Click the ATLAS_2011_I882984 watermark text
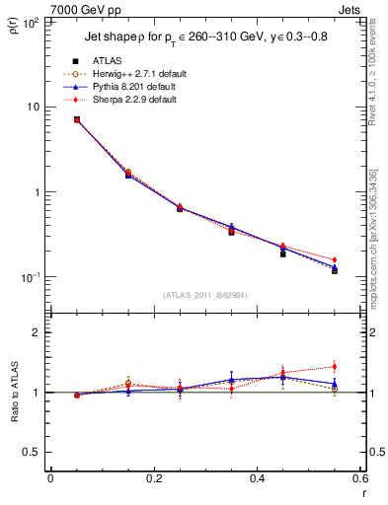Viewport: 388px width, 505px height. pos(204,295)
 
